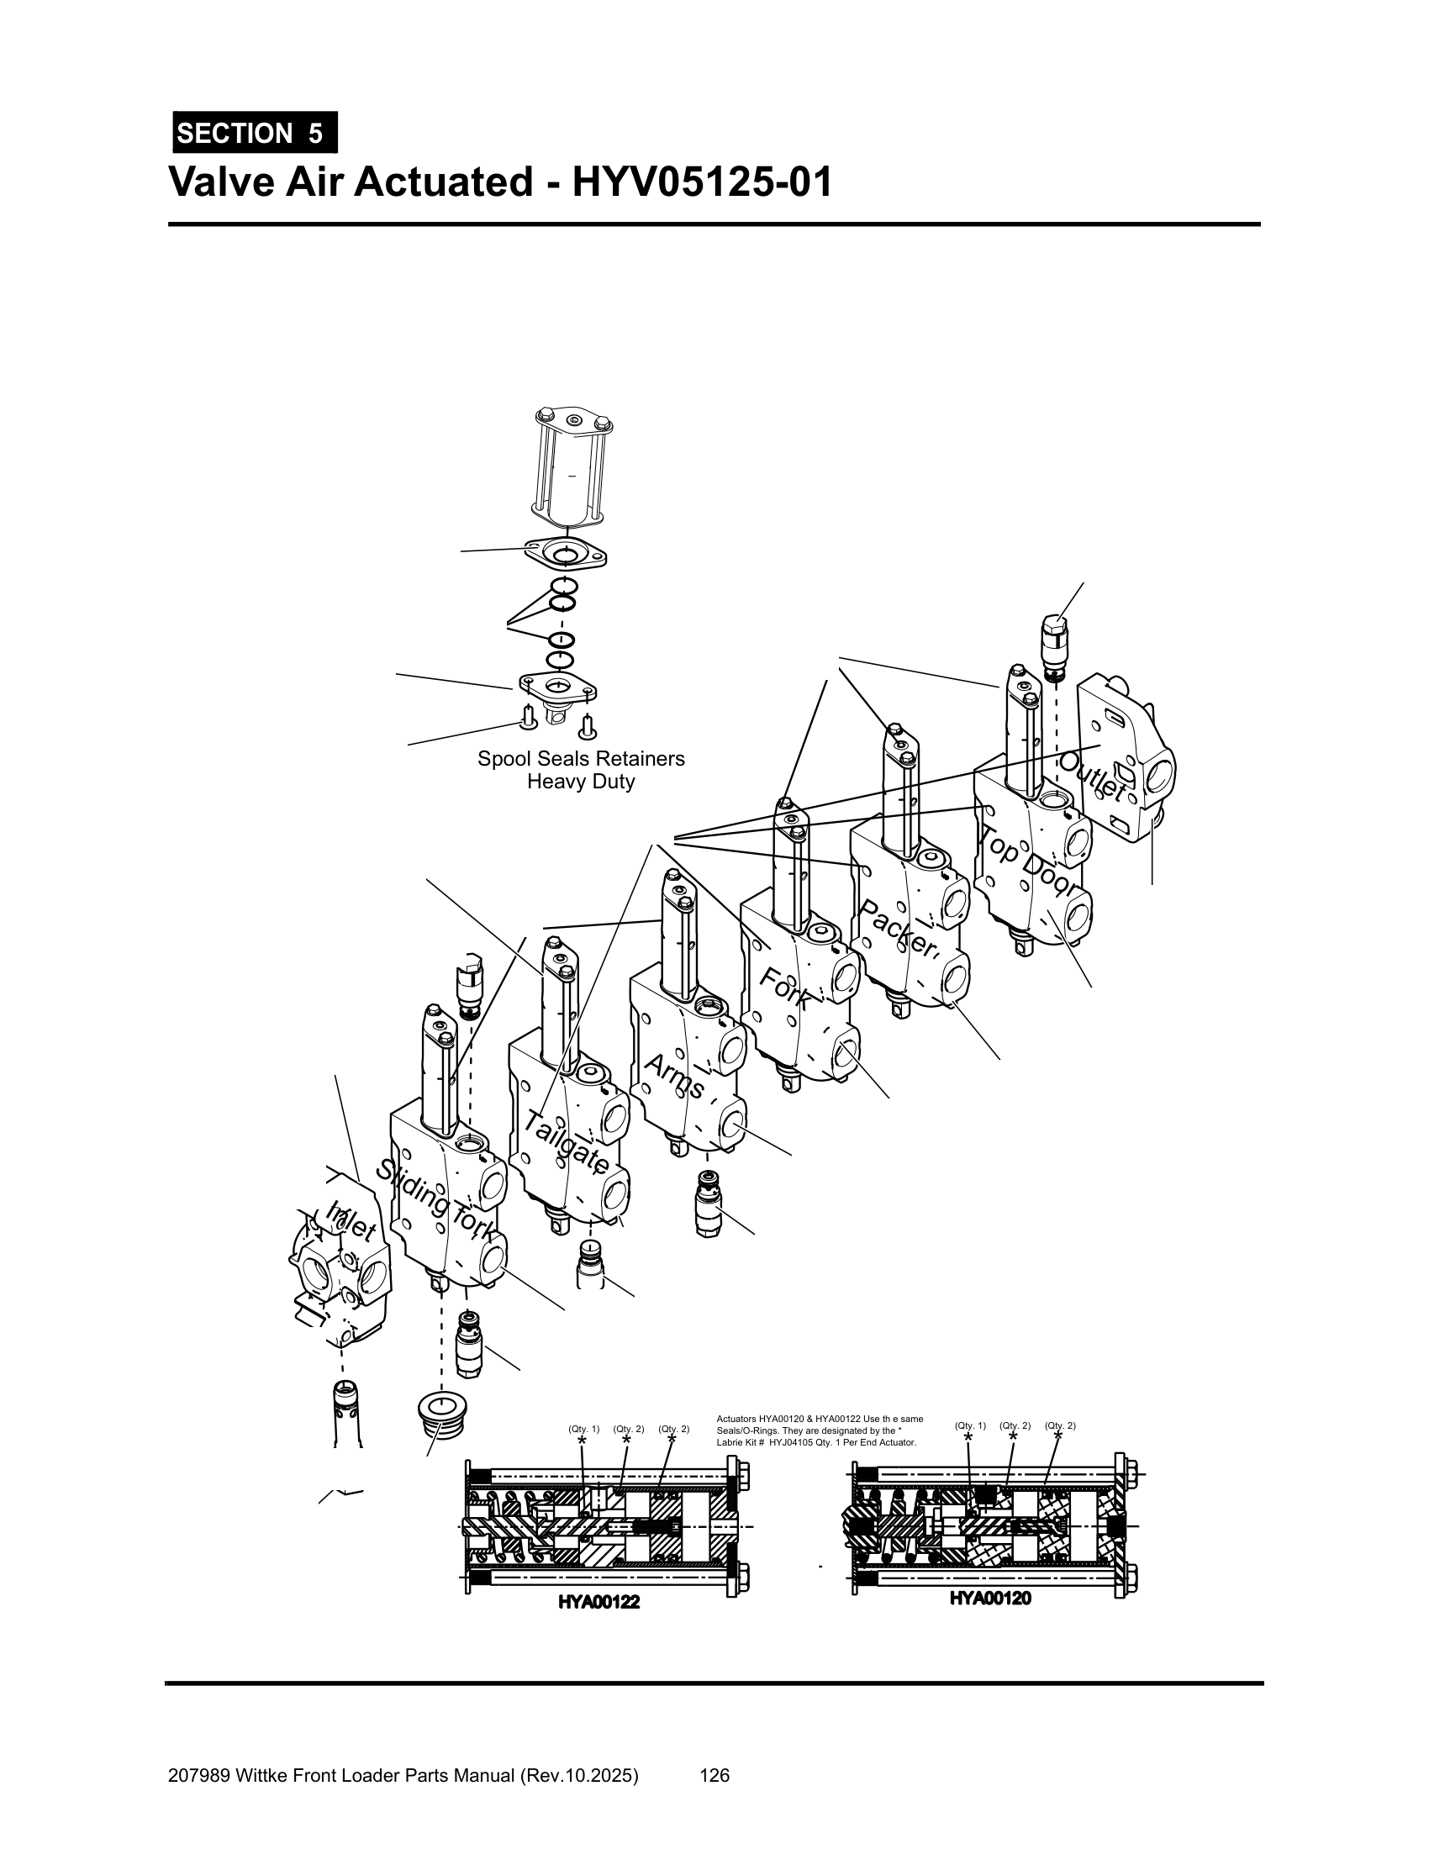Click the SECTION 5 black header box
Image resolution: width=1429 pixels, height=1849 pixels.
[254, 133]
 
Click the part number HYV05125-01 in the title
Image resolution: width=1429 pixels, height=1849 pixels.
[703, 182]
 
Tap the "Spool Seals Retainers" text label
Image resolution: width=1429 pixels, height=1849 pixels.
[581, 759]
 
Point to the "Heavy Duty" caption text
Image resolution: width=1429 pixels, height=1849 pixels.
[581, 782]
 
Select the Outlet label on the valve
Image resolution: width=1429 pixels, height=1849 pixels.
[1093, 777]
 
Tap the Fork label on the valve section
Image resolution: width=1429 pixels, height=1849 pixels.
[784, 988]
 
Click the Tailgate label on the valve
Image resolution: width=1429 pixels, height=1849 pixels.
[566, 1142]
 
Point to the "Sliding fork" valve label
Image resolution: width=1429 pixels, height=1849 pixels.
[434, 1200]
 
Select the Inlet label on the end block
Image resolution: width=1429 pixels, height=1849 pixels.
[351, 1221]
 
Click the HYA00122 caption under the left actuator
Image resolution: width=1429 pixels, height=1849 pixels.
[598, 1602]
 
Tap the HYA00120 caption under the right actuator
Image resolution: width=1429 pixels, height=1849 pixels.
[989, 1599]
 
